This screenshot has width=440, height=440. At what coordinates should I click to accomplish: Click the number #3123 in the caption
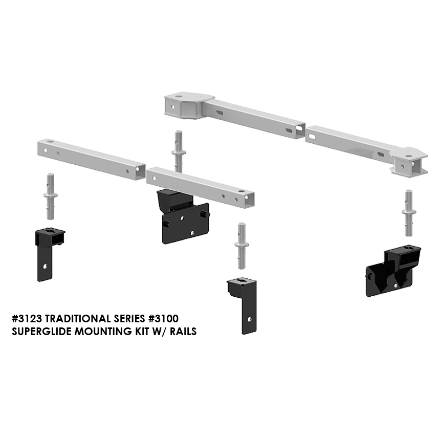[x=27, y=319]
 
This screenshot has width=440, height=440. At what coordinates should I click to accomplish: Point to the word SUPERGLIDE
[x=41, y=332]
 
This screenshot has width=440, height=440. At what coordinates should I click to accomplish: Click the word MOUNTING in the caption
[x=103, y=332]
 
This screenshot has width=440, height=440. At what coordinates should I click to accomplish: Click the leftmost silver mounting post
[x=50, y=196]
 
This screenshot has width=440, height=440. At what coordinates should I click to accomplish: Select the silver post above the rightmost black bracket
[x=409, y=213]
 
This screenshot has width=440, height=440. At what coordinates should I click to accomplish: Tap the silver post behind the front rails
[x=179, y=151]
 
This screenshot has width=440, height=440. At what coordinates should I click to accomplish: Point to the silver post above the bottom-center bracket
[x=241, y=246]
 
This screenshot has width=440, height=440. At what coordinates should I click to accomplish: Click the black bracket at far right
[x=393, y=271]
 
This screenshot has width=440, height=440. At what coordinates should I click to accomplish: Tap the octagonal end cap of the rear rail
[x=189, y=105]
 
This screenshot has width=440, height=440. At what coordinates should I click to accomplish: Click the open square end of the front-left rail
[x=140, y=171]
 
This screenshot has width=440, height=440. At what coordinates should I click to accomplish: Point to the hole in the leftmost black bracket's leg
[x=45, y=266]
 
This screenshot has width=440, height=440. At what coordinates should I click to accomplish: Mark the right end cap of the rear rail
[x=408, y=163]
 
